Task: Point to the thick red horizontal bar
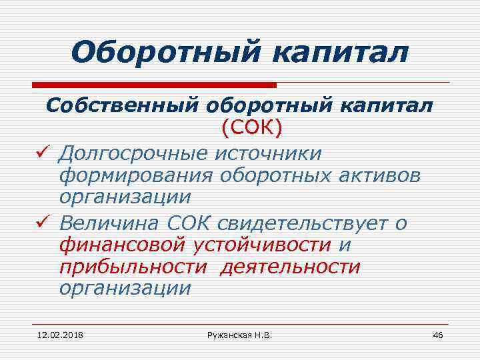(x=154, y=85)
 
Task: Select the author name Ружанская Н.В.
(x=239, y=334)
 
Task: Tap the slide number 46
(x=437, y=334)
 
